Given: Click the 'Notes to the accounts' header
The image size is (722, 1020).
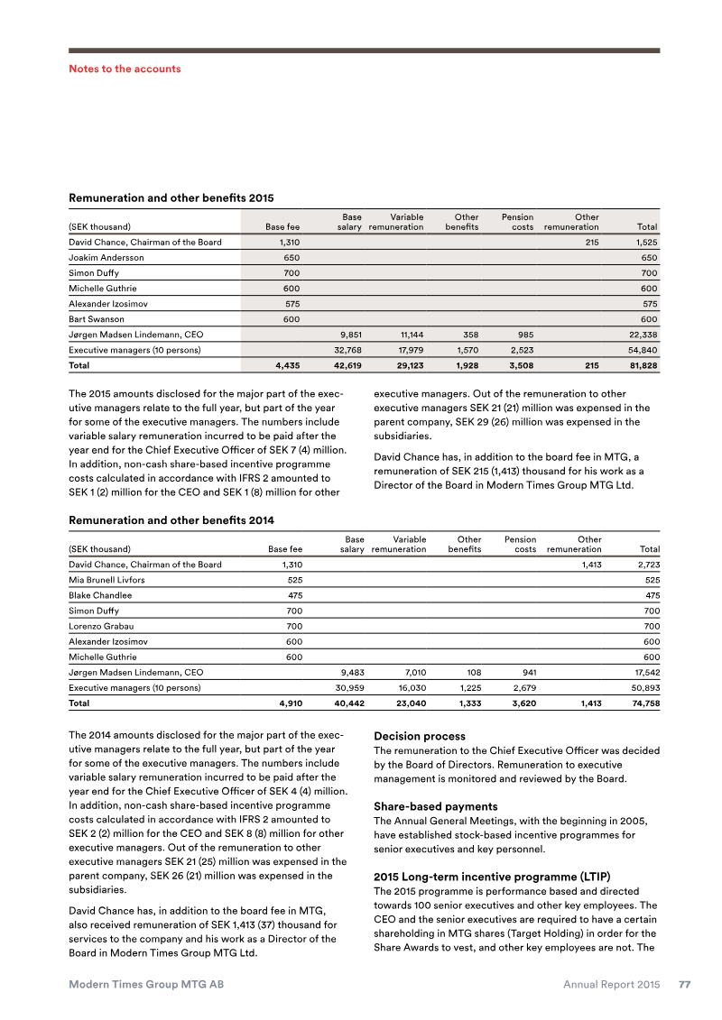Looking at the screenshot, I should [125, 69].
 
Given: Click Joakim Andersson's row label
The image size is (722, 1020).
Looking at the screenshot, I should [106, 258].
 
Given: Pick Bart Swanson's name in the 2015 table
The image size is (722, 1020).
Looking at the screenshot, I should [96, 319].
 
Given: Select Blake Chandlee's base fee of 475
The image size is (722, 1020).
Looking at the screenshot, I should [290, 595].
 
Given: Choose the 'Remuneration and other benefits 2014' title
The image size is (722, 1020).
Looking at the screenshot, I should [171, 520].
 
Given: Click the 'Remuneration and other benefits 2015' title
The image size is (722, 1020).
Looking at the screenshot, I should [171, 198].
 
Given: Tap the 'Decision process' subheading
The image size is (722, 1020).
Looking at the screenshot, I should [420, 736].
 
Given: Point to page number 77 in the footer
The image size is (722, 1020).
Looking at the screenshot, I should [684, 985].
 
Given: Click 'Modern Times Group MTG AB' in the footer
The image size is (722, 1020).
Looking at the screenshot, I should [146, 985].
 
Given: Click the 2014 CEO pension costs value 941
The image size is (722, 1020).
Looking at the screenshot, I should [524, 672].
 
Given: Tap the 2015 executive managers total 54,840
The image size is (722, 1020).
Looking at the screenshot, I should [641, 349].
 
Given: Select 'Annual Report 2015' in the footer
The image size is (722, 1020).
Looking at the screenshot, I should [612, 985].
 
